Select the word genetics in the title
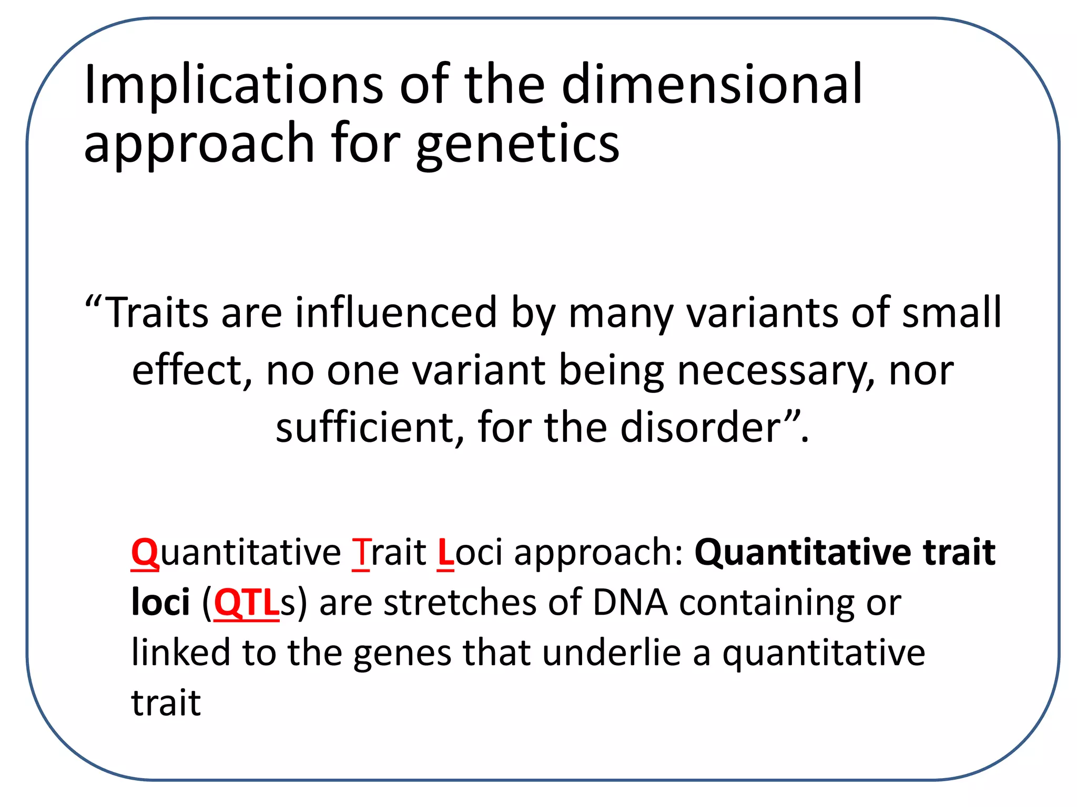517,144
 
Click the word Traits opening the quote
157,313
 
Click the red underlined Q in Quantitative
145,553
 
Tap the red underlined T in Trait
361,553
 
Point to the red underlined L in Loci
445,553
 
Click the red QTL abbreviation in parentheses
246,603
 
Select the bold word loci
160,603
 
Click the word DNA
630,603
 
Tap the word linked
181,653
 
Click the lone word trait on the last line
166,703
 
